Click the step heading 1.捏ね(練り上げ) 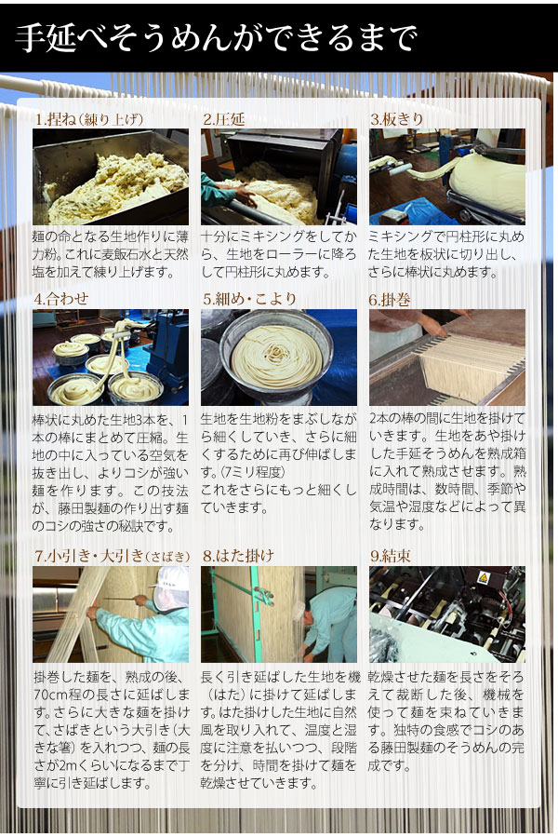(x=89, y=119)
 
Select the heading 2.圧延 (x=223, y=119)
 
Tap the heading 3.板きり (x=397, y=119)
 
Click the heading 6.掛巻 (x=390, y=300)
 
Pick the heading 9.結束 (x=391, y=556)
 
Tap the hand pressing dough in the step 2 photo (x=244, y=193)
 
